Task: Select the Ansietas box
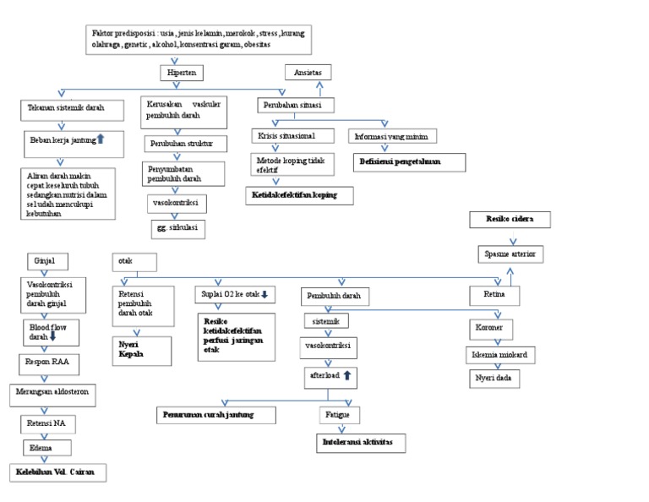308,74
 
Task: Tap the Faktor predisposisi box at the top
199,39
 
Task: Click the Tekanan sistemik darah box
65,110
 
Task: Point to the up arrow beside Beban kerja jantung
101,138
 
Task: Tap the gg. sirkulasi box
177,228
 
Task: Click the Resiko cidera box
511,221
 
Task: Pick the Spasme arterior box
511,254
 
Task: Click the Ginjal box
47,261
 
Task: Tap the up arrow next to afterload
346,374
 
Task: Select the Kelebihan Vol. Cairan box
57,473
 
